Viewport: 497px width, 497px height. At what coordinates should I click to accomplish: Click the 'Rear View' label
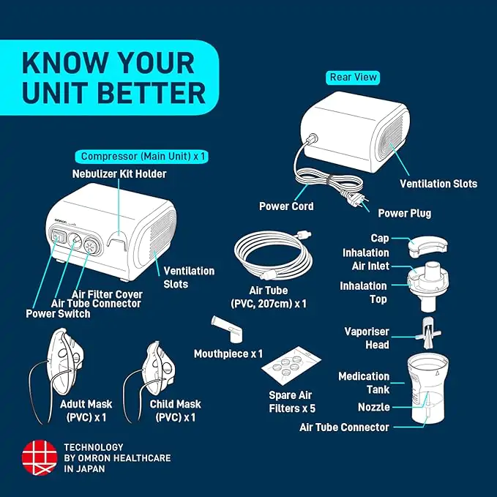coord(353,78)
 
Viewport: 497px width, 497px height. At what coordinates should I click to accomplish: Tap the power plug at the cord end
coord(356,199)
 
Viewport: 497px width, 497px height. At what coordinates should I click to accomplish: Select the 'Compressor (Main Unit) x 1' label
coord(142,157)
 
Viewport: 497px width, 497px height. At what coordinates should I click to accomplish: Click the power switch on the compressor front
coord(59,236)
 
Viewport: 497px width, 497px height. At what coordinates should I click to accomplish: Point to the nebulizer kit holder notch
coord(118,239)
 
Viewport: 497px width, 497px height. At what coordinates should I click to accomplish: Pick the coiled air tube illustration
coord(273,255)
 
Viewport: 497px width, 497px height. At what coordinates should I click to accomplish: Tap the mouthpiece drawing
coord(227,329)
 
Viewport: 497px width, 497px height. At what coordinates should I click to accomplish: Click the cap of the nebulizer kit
coord(427,246)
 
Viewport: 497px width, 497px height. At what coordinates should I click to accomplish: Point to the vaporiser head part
coord(428,333)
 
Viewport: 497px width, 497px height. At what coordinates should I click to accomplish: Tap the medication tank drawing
coord(428,387)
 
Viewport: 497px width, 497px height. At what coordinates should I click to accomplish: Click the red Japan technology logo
coord(40,457)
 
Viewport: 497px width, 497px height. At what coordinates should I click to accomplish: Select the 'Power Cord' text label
coord(286,206)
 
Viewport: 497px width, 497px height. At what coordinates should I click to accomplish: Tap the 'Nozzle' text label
coord(374,407)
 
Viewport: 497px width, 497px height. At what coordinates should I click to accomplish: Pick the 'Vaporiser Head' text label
coord(367,338)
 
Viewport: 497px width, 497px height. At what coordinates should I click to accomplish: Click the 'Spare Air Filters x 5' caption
coord(292,402)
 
